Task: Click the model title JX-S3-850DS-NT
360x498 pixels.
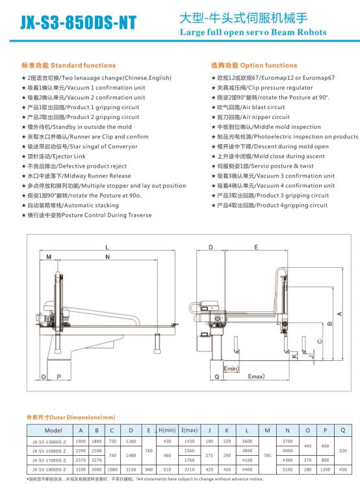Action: click(79, 22)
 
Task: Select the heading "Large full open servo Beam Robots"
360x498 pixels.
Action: click(253, 32)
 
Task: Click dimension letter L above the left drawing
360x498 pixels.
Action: click(107, 247)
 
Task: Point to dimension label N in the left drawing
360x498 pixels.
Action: click(107, 257)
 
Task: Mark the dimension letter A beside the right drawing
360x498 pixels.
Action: click(339, 314)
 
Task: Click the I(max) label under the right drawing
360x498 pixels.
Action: click(256, 376)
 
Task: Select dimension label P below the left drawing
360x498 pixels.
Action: click(59, 376)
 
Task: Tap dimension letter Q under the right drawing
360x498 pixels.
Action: click(217, 376)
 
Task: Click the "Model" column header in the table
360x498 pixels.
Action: click(53, 430)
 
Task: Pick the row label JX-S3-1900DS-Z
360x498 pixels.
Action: click(49, 469)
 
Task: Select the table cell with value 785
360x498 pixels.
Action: click(267, 455)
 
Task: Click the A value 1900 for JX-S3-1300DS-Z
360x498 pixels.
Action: click(81, 441)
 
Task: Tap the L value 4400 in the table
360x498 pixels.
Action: click(247, 469)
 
